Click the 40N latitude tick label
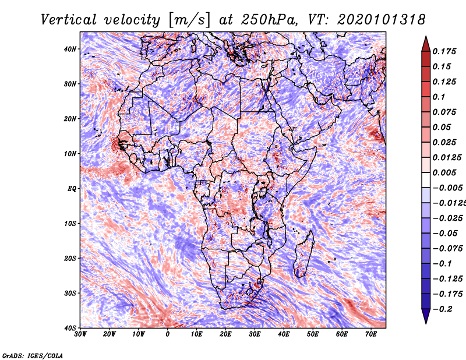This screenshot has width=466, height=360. tap(69, 49)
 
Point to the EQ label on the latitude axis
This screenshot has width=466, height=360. tap(72, 189)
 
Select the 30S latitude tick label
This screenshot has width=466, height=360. tap(70, 294)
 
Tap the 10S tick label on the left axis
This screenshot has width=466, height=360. tap(70, 224)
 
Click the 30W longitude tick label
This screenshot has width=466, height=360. tap(80, 334)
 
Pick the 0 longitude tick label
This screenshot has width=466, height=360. tap(168, 334)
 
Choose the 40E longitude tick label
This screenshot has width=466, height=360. tap(284, 334)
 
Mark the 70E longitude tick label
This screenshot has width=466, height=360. tap(371, 334)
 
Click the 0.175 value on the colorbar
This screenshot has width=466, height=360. tap(444, 51)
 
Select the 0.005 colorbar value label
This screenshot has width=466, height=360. tap(444, 172)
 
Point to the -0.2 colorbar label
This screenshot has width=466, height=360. tap(442, 309)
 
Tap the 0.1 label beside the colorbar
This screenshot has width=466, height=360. tap(439, 97)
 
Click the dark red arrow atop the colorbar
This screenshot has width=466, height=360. tap(426, 44)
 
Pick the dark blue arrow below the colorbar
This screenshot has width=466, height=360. tap(426, 316)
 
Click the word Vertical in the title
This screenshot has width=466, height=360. tap(69, 20)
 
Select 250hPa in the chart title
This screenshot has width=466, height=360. tap(269, 20)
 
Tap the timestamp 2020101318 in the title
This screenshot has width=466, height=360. tap(381, 20)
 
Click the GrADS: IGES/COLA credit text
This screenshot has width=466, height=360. tap(33, 355)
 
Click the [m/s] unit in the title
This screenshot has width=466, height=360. tap(189, 20)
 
